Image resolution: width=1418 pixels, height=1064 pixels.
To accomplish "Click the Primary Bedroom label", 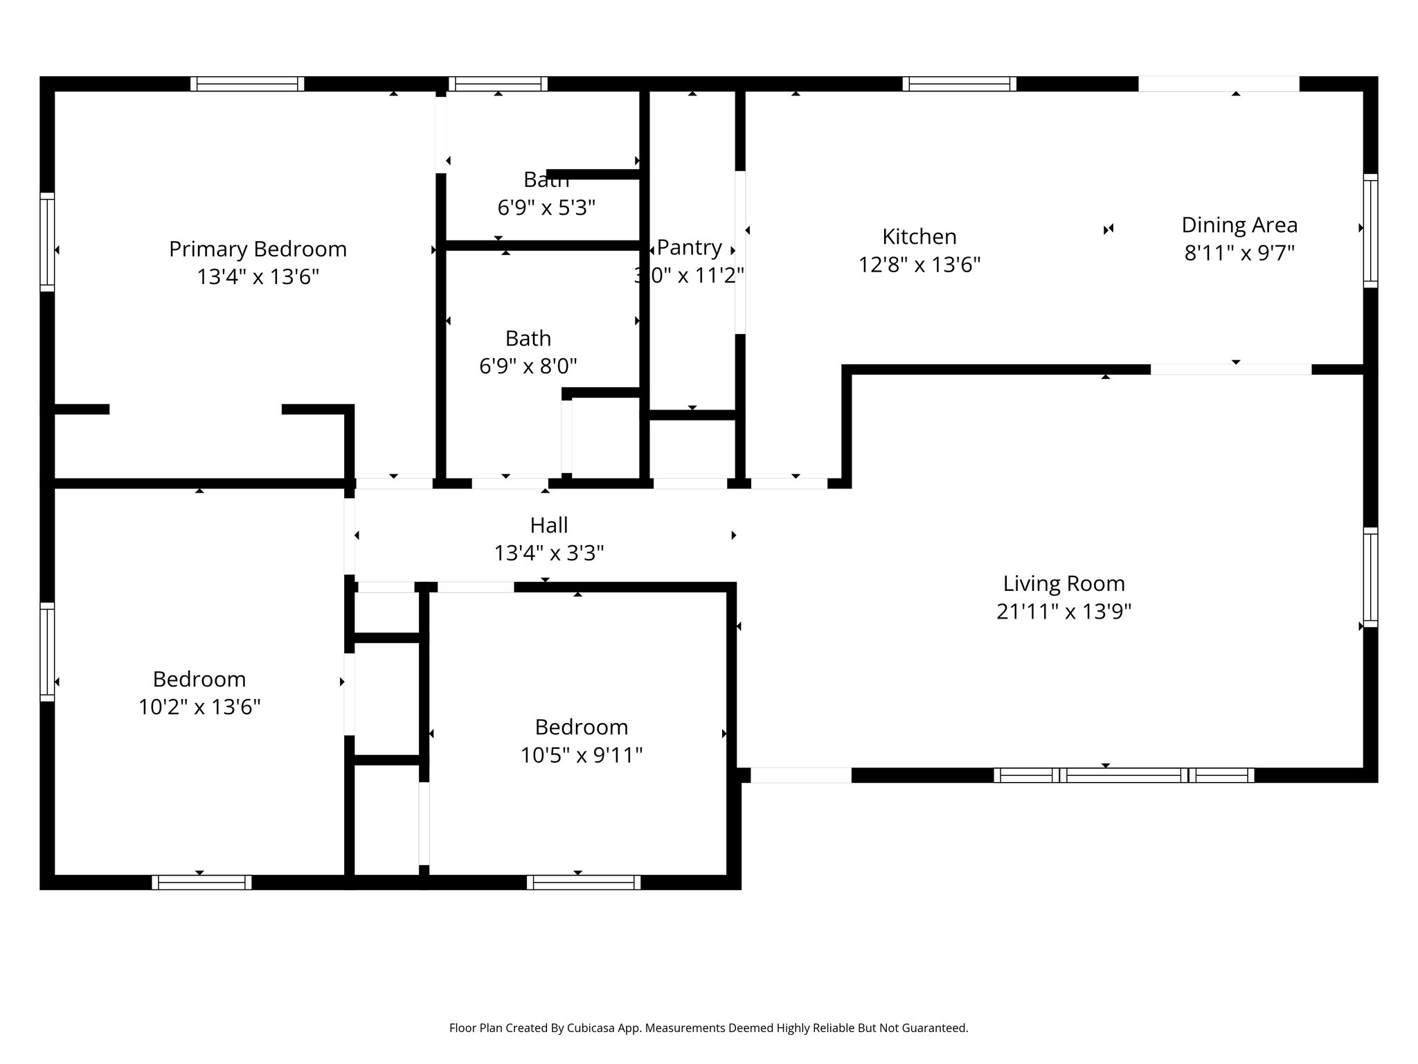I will point(258,249).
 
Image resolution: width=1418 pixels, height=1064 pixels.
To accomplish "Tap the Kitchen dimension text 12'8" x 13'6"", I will point(919,265).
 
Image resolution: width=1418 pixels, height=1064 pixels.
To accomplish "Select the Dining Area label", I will point(1239,225).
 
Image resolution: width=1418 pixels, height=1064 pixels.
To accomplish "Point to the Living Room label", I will point(1063,583).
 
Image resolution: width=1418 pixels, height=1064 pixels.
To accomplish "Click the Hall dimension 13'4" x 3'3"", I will point(548,553).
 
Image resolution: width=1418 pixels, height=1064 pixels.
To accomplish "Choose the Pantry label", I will point(689,247).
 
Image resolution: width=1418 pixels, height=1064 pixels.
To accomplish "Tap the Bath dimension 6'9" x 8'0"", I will point(528,366).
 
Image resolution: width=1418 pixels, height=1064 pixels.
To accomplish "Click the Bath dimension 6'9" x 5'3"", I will point(546,207).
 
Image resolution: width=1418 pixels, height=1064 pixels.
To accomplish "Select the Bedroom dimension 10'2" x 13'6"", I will point(199,707).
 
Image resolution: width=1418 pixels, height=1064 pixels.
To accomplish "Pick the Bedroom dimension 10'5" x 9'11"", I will point(581,754).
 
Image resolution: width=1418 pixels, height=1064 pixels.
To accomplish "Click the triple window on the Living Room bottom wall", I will point(1123,775).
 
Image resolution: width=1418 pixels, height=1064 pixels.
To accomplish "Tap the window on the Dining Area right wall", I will point(1370,230).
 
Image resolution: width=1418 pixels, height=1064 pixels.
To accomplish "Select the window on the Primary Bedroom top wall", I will point(247,84).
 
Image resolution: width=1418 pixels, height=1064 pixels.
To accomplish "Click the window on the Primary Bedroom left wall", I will point(47,241).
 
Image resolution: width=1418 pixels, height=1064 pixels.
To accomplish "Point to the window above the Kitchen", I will point(959,84).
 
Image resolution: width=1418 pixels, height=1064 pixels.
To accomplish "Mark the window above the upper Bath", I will point(498,84).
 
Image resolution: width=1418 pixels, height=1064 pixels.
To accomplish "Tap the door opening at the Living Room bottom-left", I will point(800,775).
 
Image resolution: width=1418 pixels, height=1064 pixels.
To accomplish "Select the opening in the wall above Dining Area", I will point(1219,84).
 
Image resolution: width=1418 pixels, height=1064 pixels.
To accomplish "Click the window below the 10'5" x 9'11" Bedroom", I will point(583,883).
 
